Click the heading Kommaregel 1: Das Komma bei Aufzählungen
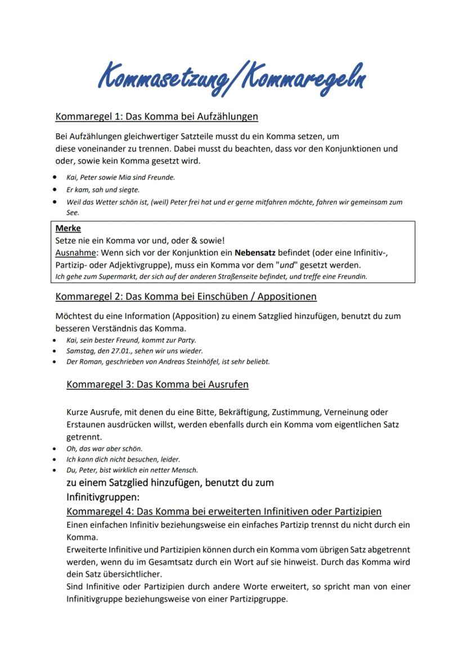[156, 117]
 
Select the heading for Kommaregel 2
[186, 296]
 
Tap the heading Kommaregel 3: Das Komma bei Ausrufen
[157, 385]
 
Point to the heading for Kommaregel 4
[223, 512]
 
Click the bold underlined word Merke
[69, 228]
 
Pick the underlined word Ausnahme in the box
[74, 253]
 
